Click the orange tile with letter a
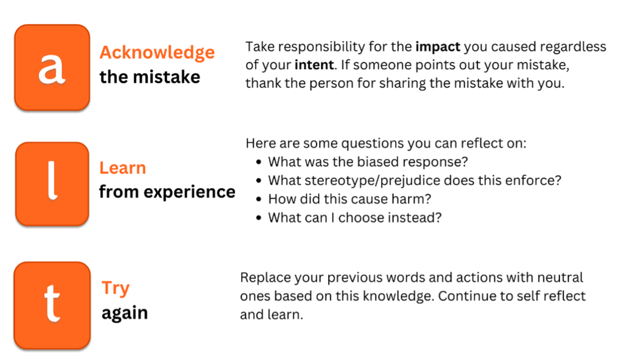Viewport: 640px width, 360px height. (52, 67)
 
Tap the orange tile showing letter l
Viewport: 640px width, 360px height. (52, 184)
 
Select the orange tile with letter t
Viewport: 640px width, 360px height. (52, 305)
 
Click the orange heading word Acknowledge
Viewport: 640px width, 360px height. (157, 52)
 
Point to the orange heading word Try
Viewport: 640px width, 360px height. (115, 288)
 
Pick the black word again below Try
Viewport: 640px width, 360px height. (124, 313)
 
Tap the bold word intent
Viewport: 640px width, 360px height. (313, 65)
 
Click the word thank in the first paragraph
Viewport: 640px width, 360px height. (264, 84)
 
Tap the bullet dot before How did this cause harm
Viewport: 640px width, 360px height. (258, 199)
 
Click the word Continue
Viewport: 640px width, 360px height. (464, 296)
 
